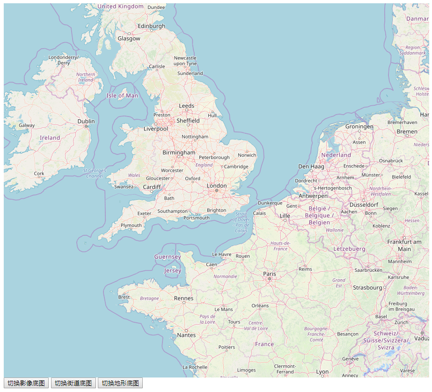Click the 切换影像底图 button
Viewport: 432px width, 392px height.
point(26,383)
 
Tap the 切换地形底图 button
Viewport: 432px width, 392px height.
point(120,383)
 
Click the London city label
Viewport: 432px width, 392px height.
point(217,186)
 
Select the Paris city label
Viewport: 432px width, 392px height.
point(270,274)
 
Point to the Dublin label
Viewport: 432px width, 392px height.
point(86,121)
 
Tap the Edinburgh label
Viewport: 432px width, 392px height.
point(152,26)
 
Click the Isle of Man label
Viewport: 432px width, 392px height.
point(122,95)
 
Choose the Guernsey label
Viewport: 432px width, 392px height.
point(168,257)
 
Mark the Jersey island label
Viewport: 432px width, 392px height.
point(173,270)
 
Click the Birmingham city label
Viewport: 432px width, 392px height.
point(179,152)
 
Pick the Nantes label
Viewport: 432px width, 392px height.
point(186,335)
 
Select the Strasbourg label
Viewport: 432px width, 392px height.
point(367,287)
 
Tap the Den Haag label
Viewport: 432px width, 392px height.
point(311,166)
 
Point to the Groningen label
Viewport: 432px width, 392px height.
point(359,126)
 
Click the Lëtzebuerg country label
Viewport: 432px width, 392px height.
point(349,249)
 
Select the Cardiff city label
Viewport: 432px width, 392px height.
point(152,187)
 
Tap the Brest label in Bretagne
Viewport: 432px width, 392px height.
point(124,297)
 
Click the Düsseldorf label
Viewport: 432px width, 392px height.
point(364,204)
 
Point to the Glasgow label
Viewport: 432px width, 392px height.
point(129,38)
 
